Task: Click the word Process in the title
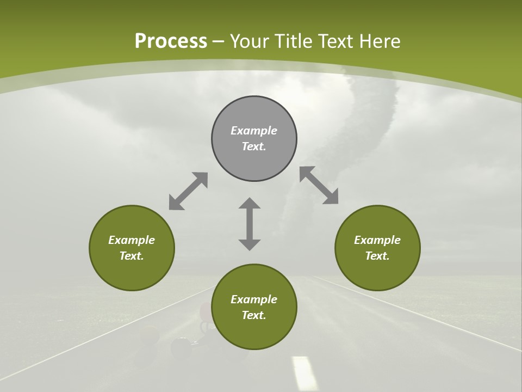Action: pyautogui.click(x=171, y=41)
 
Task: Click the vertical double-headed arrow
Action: pyautogui.click(x=250, y=224)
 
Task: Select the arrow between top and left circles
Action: pyautogui.click(x=188, y=191)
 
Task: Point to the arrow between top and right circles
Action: pyautogui.click(x=319, y=185)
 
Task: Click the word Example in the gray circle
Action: pyautogui.click(x=254, y=131)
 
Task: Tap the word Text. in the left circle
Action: pyautogui.click(x=132, y=256)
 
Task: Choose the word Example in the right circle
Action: pyautogui.click(x=377, y=240)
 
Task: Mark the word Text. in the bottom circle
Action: pyautogui.click(x=254, y=315)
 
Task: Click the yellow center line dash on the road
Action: pyautogui.click(x=304, y=373)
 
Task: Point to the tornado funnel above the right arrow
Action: pyautogui.click(x=375, y=109)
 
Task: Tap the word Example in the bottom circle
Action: pyautogui.click(x=254, y=299)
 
